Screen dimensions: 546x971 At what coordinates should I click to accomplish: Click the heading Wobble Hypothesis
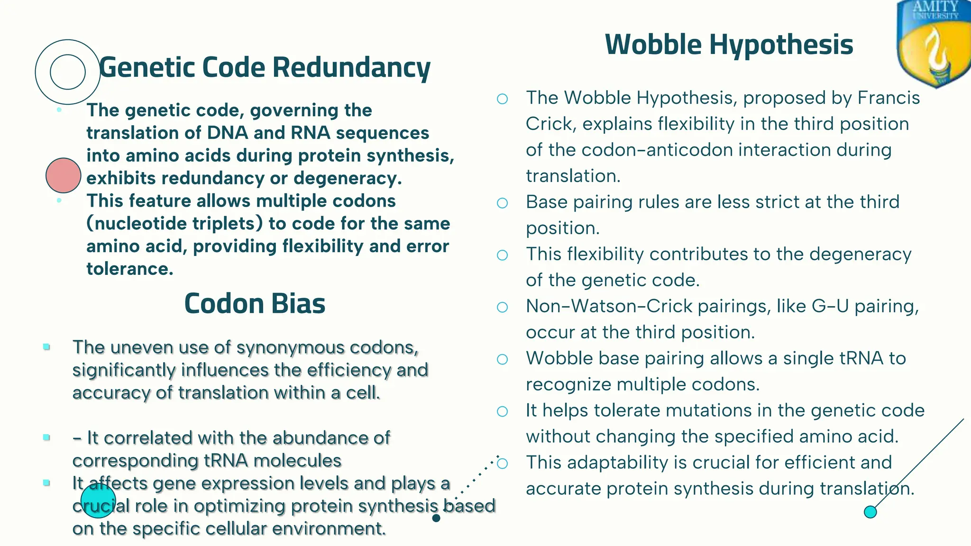point(729,45)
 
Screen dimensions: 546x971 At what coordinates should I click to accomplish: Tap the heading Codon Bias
point(255,303)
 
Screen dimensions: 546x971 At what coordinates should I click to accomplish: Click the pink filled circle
point(64,175)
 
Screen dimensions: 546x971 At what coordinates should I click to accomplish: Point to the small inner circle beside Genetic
point(68,72)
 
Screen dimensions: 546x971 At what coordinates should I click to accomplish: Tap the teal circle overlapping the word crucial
point(98,501)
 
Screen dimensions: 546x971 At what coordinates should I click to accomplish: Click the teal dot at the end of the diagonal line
point(870,512)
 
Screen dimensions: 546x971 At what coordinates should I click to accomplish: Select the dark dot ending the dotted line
point(436,518)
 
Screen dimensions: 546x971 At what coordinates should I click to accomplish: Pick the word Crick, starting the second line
point(550,124)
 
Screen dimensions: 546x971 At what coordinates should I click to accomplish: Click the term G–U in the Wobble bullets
point(830,306)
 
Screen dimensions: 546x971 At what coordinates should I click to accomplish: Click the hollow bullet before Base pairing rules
point(502,203)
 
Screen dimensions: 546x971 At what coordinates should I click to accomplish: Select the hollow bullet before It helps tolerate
point(502,411)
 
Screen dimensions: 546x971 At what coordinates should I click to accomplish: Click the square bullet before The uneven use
point(46,347)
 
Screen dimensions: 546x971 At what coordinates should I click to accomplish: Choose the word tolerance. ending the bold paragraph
point(129,269)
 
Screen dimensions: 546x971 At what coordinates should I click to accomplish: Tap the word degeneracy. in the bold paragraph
point(348,178)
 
